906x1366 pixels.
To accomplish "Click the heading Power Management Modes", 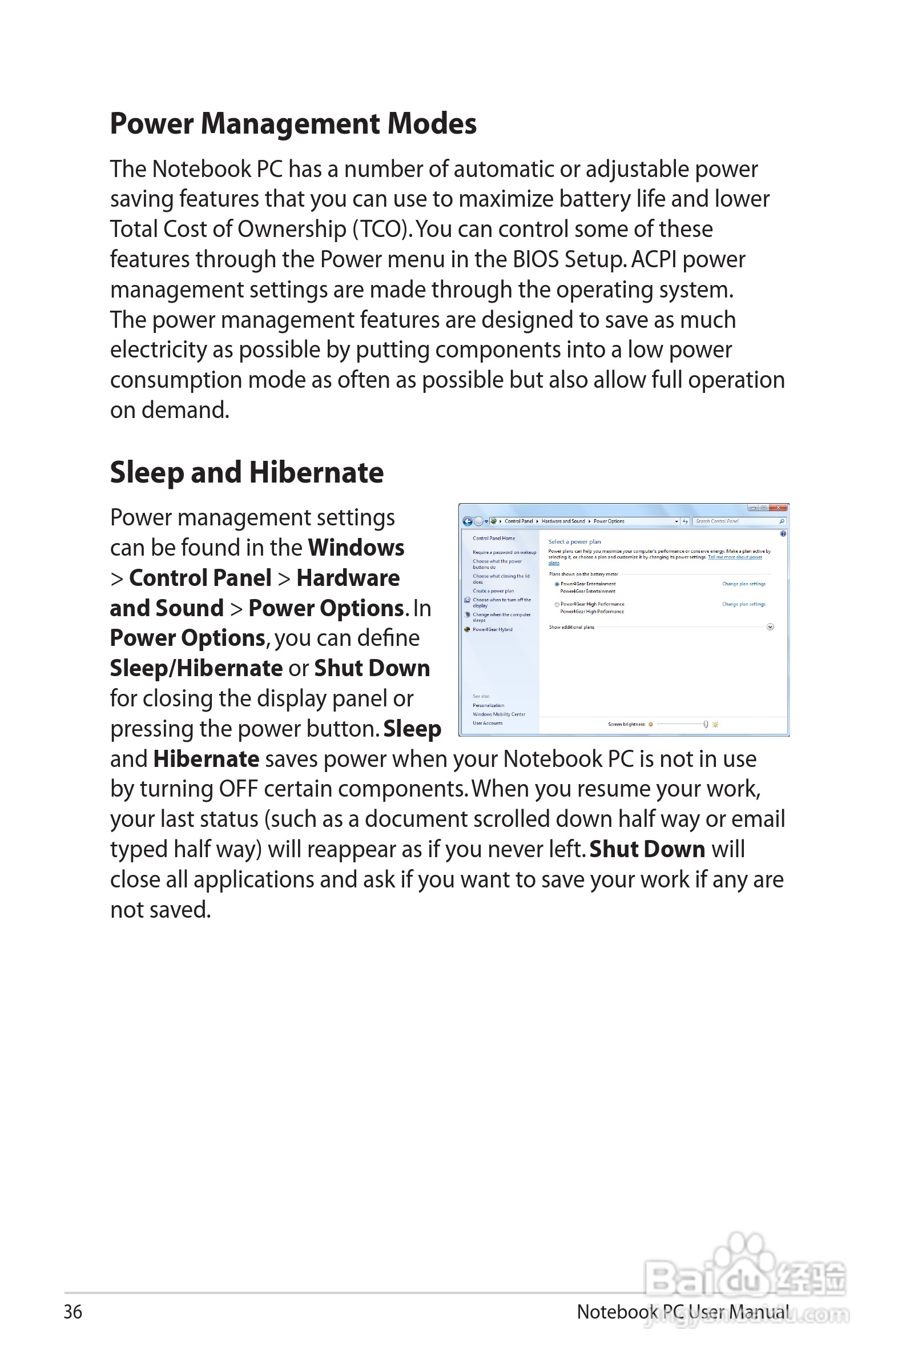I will click(x=293, y=124).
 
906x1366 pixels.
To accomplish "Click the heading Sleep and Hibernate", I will click(x=247, y=473).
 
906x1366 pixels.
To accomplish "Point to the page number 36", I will click(x=73, y=1312).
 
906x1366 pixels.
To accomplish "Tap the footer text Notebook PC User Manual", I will click(x=682, y=1312).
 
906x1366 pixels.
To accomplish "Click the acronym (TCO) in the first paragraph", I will click(x=382, y=230).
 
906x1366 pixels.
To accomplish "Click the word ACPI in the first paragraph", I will click(x=654, y=259).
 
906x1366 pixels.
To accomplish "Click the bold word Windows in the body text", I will click(x=356, y=548).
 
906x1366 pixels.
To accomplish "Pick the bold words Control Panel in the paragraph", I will click(x=200, y=578).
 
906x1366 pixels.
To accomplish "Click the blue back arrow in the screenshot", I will click(x=468, y=521).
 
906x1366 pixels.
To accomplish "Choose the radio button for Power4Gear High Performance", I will click(x=557, y=604).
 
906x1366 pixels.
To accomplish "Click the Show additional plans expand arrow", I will click(x=770, y=627).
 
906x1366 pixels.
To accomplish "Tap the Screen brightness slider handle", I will click(x=706, y=724).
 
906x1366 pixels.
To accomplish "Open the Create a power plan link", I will click(x=493, y=591).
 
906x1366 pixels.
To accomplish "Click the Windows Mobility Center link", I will click(x=498, y=714).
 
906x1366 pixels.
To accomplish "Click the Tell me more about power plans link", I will click(x=734, y=557).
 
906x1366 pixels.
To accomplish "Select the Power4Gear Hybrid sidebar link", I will click(x=492, y=629).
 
